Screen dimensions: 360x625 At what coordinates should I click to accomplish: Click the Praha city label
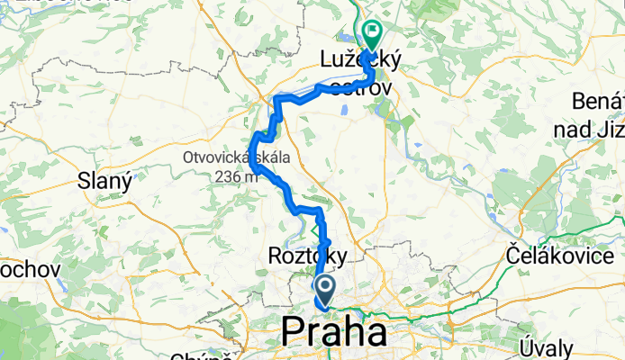[x=334, y=332]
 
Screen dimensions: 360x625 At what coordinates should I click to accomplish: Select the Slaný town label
[x=106, y=181]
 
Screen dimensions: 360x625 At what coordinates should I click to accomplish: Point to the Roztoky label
[x=307, y=257]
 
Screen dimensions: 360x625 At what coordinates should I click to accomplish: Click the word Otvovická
[x=214, y=157]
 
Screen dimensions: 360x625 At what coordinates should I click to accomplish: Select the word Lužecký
[x=360, y=60]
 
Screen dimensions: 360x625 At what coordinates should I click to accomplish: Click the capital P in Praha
[x=295, y=332]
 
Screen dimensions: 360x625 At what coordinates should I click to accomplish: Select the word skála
[x=268, y=157]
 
